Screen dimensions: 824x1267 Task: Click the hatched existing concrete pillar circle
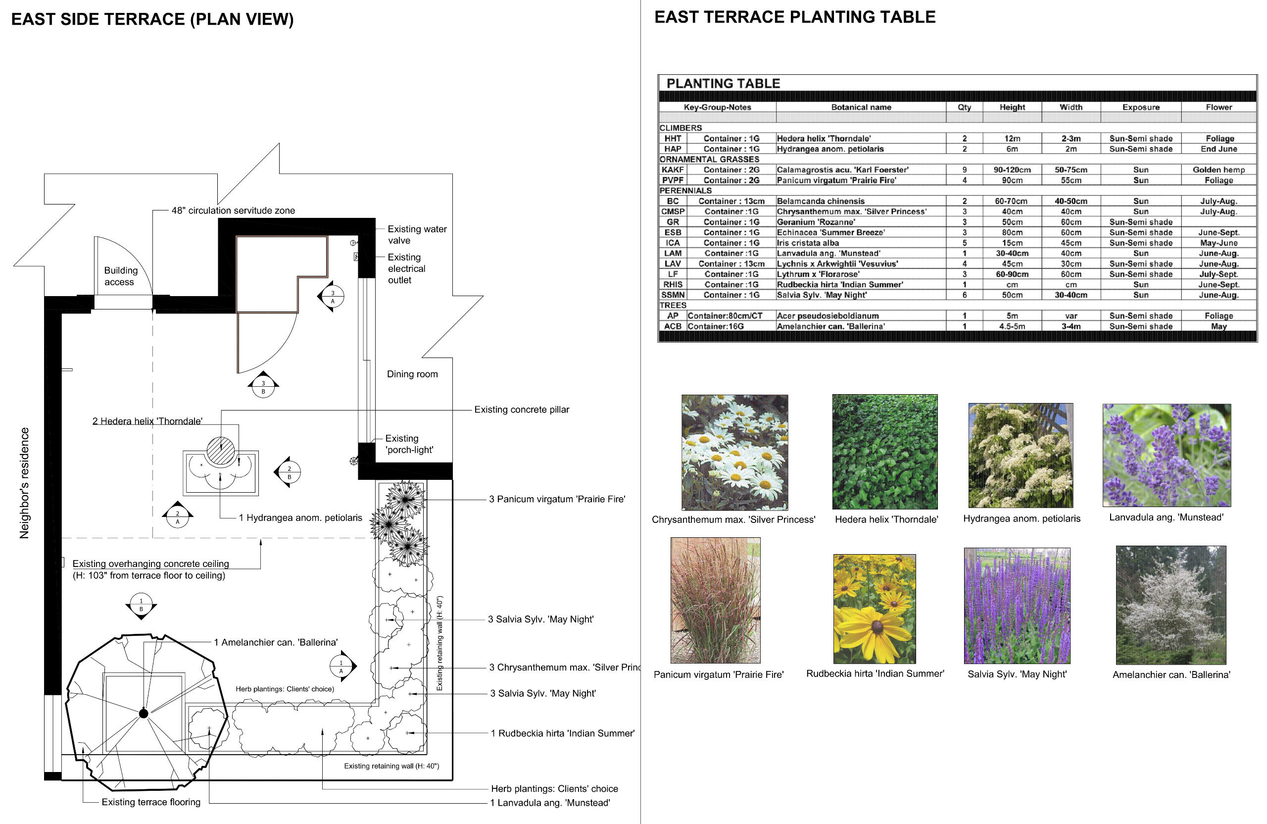pyautogui.click(x=220, y=450)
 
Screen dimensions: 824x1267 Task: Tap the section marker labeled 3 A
pyautogui.click(x=333, y=297)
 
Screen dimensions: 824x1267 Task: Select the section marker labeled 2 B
pyautogui.click(x=289, y=472)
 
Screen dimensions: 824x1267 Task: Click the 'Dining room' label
pyautogui.click(x=412, y=374)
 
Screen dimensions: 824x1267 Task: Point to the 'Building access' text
pyautogui.click(x=120, y=276)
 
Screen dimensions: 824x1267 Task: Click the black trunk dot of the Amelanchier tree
pyautogui.click(x=143, y=713)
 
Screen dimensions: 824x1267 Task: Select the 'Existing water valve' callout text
pyautogui.click(x=417, y=234)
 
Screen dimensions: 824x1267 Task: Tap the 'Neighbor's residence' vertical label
pyautogui.click(x=24, y=483)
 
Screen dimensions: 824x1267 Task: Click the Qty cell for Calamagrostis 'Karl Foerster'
pyautogui.click(x=964, y=170)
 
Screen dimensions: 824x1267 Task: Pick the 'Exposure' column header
pyautogui.click(x=1140, y=107)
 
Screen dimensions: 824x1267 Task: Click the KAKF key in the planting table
pyautogui.click(x=673, y=170)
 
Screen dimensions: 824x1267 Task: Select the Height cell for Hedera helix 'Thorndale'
pyautogui.click(x=1012, y=139)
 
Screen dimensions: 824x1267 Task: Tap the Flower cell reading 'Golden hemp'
pyautogui.click(x=1218, y=170)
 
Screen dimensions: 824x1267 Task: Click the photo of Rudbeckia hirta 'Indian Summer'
pyautogui.click(x=874, y=608)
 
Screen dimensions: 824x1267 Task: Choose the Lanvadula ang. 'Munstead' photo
pyautogui.click(x=1166, y=455)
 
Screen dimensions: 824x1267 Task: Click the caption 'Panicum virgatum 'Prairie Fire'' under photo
pyautogui.click(x=718, y=674)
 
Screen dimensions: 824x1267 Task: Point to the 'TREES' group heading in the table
pyautogui.click(x=673, y=305)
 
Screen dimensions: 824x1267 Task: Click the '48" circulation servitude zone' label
pyautogui.click(x=233, y=210)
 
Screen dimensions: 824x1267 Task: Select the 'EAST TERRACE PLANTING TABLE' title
pyautogui.click(x=794, y=17)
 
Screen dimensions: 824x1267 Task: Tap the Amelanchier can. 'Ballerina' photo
pyautogui.click(x=1170, y=605)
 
